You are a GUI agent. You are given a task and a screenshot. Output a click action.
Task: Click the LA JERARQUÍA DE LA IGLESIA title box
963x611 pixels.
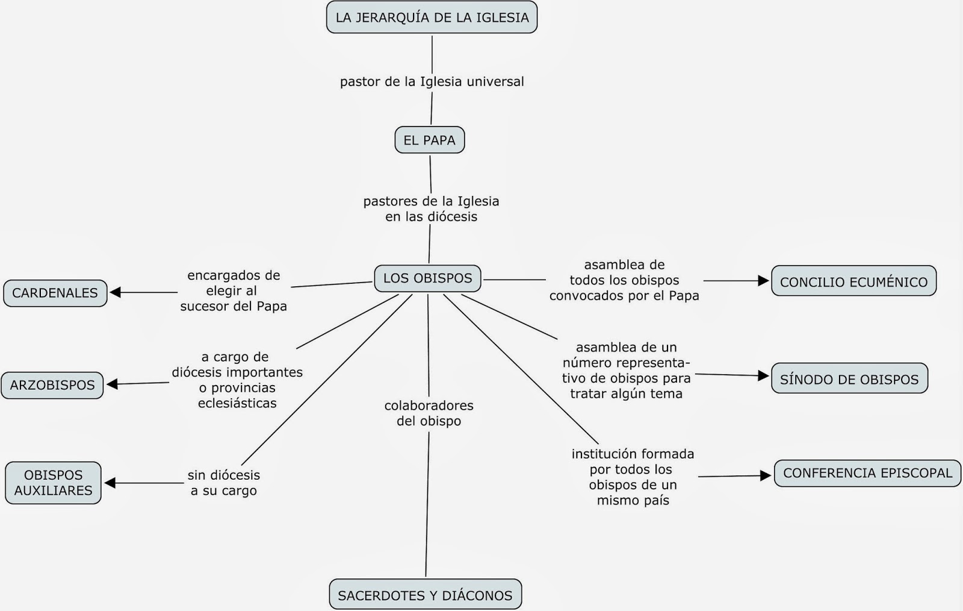pyautogui.click(x=432, y=17)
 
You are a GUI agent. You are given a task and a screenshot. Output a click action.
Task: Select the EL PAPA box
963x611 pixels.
pyautogui.click(x=429, y=140)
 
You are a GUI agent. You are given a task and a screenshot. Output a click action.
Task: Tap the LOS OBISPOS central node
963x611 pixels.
pyautogui.click(x=427, y=278)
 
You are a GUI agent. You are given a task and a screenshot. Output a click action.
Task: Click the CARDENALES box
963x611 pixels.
pyautogui.click(x=55, y=293)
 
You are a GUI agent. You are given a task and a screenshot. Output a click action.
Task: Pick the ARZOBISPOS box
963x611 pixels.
pyautogui.click(x=52, y=386)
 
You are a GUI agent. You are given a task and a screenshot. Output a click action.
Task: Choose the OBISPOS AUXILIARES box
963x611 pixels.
pyautogui.click(x=53, y=483)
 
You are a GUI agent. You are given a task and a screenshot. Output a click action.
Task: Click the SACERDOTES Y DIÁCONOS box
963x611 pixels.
pyautogui.click(x=425, y=595)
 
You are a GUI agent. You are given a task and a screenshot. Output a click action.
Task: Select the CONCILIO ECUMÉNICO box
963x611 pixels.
pyautogui.click(x=853, y=281)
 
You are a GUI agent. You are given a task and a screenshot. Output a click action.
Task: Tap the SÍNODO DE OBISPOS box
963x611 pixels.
pyautogui.click(x=849, y=379)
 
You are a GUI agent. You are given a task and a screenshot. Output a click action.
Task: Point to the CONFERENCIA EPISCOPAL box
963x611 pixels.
pyautogui.click(x=867, y=473)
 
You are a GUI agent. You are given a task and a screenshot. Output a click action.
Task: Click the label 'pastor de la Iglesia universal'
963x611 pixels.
pyautogui.click(x=432, y=81)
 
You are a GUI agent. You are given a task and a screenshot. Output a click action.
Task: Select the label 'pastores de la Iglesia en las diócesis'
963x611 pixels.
pyautogui.click(x=431, y=208)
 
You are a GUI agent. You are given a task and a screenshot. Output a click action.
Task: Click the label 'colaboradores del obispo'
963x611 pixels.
pyautogui.click(x=429, y=413)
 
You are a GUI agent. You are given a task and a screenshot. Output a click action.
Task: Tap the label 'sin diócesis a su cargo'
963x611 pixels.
pyautogui.click(x=224, y=483)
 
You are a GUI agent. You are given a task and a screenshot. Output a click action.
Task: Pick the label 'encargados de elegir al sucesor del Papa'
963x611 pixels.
pyautogui.click(x=234, y=290)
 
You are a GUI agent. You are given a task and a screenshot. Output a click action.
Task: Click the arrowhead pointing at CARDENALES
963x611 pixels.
pyautogui.click(x=115, y=293)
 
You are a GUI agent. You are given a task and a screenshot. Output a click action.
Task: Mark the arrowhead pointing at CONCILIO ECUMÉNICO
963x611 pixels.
pyautogui.click(x=764, y=281)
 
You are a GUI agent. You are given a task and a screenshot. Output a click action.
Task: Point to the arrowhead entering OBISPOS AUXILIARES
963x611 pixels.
pyautogui.click(x=110, y=483)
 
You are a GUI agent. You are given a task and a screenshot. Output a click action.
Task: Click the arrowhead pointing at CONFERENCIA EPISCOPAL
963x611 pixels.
pyautogui.click(x=766, y=476)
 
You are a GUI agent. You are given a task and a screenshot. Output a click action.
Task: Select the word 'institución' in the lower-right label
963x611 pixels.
pyautogui.click(x=602, y=454)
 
